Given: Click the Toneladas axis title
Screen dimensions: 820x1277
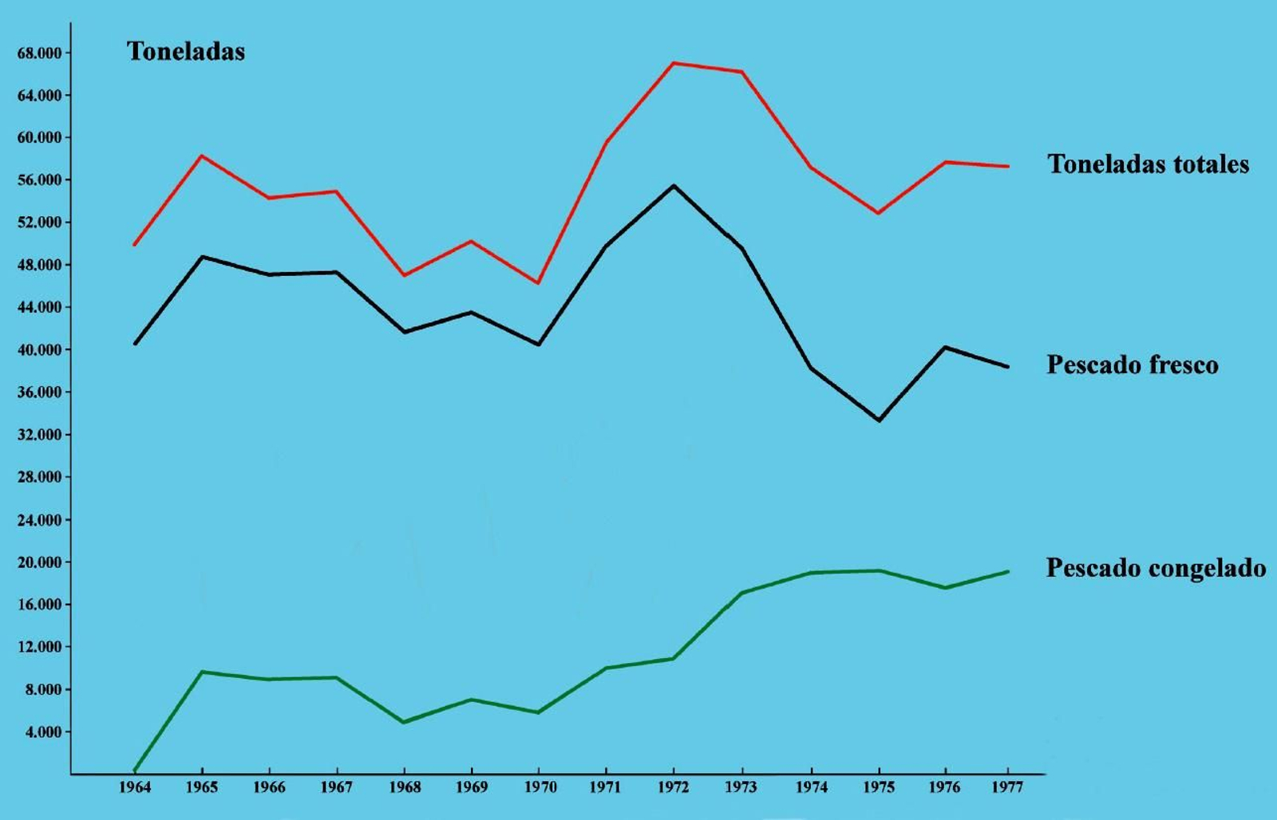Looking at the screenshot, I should [185, 52].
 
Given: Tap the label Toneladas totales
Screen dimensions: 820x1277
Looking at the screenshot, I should [1148, 164].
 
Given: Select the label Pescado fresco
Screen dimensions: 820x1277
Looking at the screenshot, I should [1132, 365].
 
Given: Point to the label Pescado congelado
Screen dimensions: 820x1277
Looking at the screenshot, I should [1156, 568].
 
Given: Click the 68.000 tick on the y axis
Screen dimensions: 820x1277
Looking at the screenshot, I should [39, 53].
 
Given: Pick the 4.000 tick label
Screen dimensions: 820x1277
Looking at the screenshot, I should [42, 731].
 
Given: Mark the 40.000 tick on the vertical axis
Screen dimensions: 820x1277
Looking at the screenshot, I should [39, 349].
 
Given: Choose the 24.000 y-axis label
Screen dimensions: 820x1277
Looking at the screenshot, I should [39, 520].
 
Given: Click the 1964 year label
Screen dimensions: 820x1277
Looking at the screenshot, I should [135, 788].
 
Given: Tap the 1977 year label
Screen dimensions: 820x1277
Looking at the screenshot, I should [1007, 788].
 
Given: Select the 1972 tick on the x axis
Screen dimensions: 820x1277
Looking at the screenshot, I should [674, 788].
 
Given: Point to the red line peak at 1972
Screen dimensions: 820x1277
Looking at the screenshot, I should [674, 63].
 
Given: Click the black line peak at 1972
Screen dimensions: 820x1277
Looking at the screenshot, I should [674, 186].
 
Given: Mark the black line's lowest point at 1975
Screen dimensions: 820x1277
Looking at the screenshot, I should [879, 420].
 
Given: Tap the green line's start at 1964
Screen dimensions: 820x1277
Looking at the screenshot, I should [135, 771].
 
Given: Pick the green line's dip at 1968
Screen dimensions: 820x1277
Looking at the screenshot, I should [404, 722].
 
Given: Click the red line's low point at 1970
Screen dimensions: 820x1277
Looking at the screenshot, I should [538, 283].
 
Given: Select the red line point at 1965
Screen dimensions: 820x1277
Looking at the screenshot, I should [202, 156].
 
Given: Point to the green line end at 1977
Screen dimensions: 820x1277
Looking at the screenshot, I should [1008, 571].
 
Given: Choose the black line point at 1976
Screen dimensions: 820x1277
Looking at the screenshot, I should [946, 347].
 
